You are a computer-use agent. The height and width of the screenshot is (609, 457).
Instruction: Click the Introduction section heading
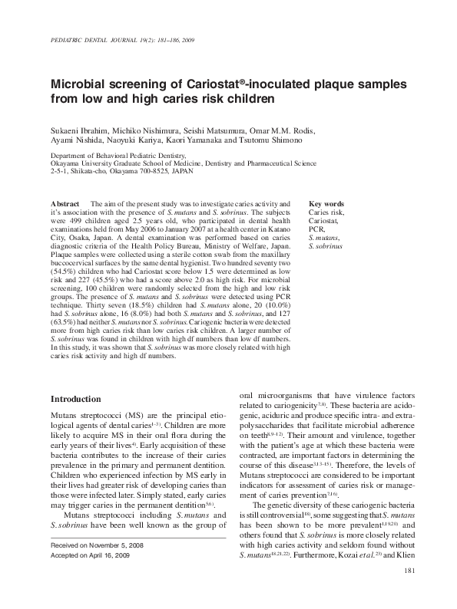pos(75,400)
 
